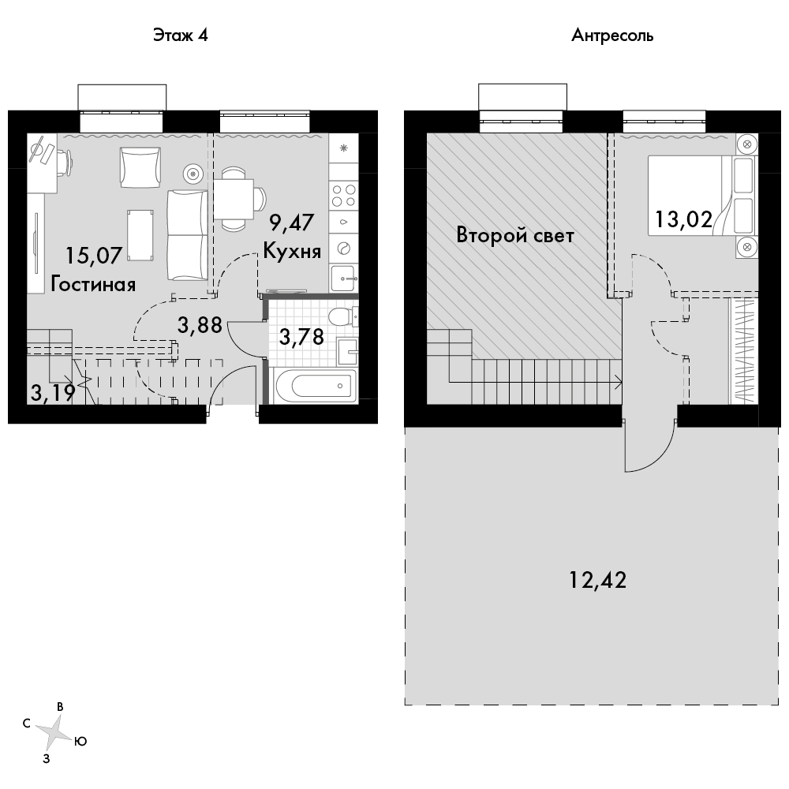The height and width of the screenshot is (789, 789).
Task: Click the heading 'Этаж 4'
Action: [x=180, y=36]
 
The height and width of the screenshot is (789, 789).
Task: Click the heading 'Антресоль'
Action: [x=612, y=36]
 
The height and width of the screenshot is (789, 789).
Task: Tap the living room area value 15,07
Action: [x=94, y=256]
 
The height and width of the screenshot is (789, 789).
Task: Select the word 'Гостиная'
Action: [x=94, y=284]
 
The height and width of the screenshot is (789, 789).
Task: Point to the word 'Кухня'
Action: [x=292, y=251]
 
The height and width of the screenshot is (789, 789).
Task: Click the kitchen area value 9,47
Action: [x=292, y=222]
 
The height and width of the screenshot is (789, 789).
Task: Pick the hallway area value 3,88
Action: [x=200, y=325]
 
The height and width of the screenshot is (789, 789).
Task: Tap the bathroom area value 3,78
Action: [x=301, y=337]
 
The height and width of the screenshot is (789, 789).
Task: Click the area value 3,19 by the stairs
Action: [x=53, y=392]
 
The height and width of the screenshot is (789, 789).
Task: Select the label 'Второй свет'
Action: [x=514, y=235]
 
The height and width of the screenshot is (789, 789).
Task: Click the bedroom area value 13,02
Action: [x=683, y=219]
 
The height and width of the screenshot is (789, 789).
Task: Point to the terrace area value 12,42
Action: [x=598, y=580]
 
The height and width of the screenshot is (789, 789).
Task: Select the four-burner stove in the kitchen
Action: [x=344, y=196]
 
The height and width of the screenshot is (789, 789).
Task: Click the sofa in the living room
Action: [x=187, y=234]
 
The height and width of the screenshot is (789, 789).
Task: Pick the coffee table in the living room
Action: [x=140, y=235]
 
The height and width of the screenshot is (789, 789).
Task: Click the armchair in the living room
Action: [x=140, y=167]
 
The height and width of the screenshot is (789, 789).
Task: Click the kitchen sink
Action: [x=344, y=279]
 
